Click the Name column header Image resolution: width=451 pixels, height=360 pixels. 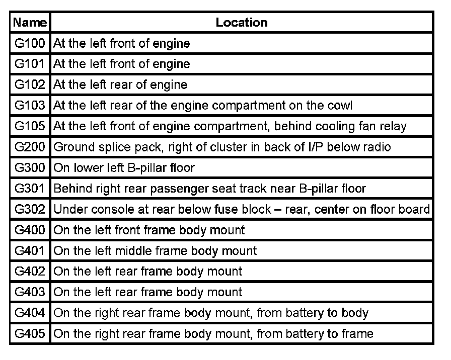[30, 23]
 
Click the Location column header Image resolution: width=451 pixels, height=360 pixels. [242, 23]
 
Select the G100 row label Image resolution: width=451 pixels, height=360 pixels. [30, 43]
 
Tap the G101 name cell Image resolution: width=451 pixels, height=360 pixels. [30, 64]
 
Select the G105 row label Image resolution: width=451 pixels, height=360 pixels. [30, 126]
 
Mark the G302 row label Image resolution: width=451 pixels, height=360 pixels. [30, 209]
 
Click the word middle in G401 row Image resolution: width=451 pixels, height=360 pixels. [131, 251]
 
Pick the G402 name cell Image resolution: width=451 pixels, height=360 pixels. [30, 272]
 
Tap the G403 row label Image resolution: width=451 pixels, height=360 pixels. [30, 292]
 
